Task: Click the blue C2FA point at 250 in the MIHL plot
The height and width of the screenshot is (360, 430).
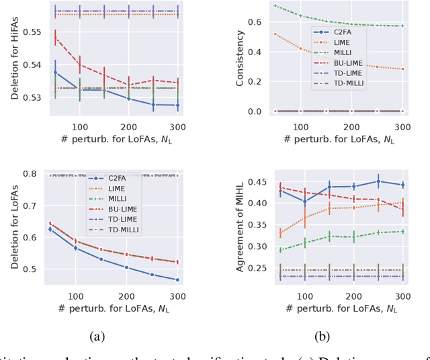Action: click(378, 181)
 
